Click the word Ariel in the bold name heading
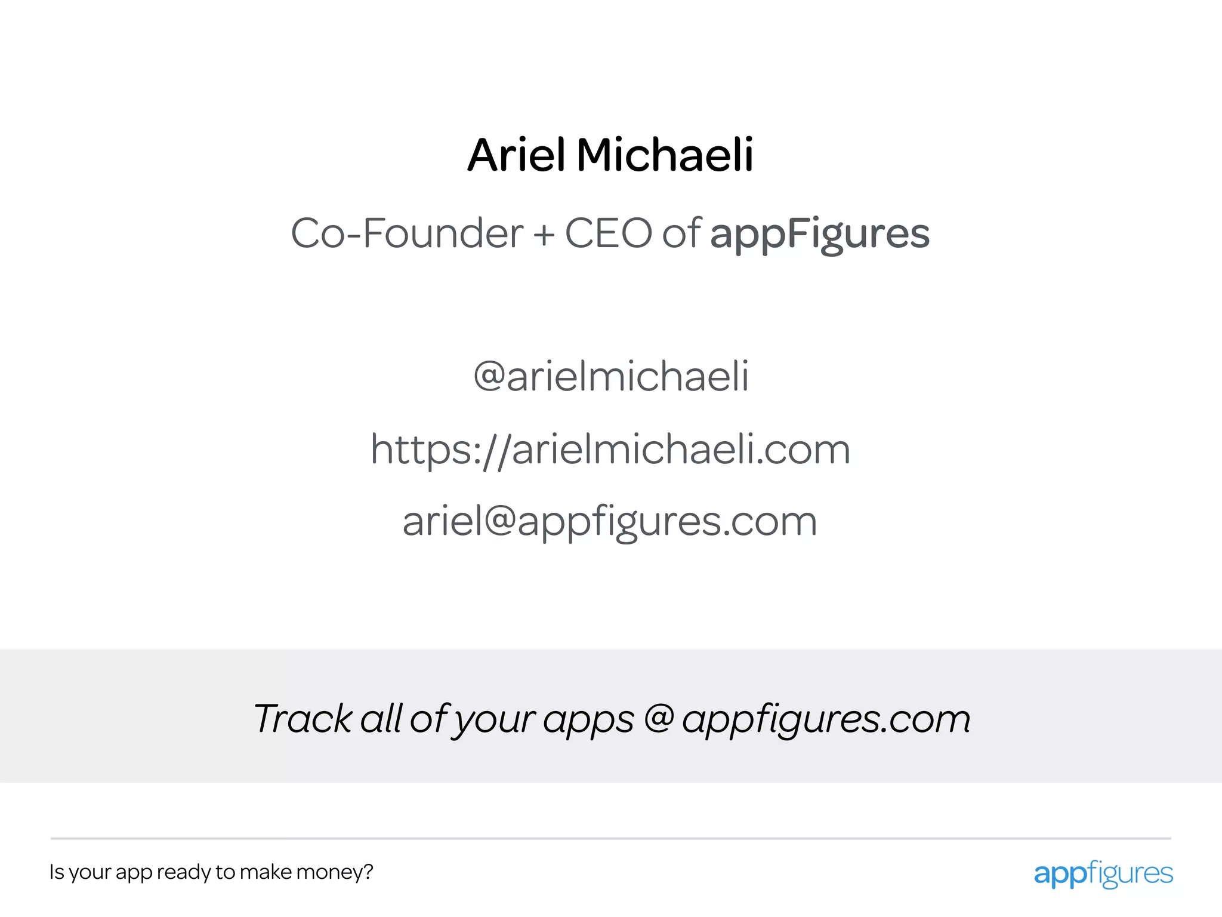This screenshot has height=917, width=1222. tap(516, 155)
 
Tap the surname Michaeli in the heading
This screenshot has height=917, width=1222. tap(665, 155)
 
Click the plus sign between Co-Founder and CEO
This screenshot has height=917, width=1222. tap(544, 234)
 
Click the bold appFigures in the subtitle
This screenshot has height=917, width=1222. tap(819, 234)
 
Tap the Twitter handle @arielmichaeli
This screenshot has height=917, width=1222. tap(611, 377)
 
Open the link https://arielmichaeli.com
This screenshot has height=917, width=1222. tap(610, 450)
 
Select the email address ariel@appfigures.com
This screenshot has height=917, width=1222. tap(610, 522)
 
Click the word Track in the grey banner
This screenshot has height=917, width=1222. tap(304, 718)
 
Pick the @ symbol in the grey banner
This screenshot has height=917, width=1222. tap(659, 718)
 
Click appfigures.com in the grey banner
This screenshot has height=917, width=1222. tap(826, 719)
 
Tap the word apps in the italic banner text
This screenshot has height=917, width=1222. tap(588, 721)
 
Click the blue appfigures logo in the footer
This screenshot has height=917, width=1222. tap(1103, 874)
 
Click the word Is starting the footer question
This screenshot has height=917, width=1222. tap(57, 872)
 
